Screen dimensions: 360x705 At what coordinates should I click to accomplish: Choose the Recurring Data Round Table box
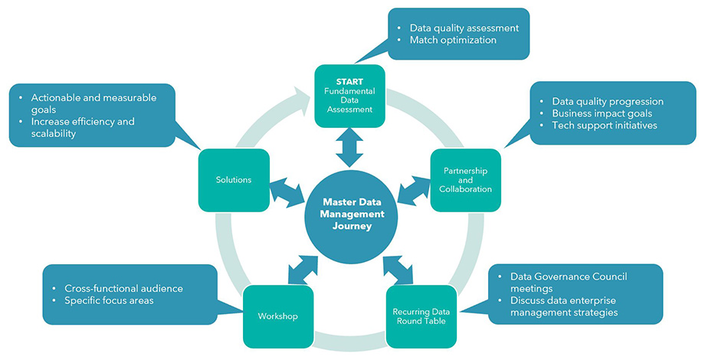click(421, 316)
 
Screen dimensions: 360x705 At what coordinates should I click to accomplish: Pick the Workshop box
click(277, 316)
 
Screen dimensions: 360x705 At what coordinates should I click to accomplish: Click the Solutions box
click(233, 180)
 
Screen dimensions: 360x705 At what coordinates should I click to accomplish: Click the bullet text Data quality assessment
click(464, 28)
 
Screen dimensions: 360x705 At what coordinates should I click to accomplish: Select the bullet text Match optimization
click(453, 40)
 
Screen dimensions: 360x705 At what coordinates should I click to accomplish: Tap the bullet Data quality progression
click(608, 101)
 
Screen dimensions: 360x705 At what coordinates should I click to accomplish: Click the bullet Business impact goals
click(602, 113)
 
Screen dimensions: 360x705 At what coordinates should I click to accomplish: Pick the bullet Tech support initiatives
click(605, 126)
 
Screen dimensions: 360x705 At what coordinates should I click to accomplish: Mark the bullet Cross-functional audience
click(123, 288)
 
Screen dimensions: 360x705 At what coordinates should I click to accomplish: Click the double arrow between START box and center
click(350, 148)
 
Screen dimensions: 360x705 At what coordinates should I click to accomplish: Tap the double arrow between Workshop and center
click(304, 268)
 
